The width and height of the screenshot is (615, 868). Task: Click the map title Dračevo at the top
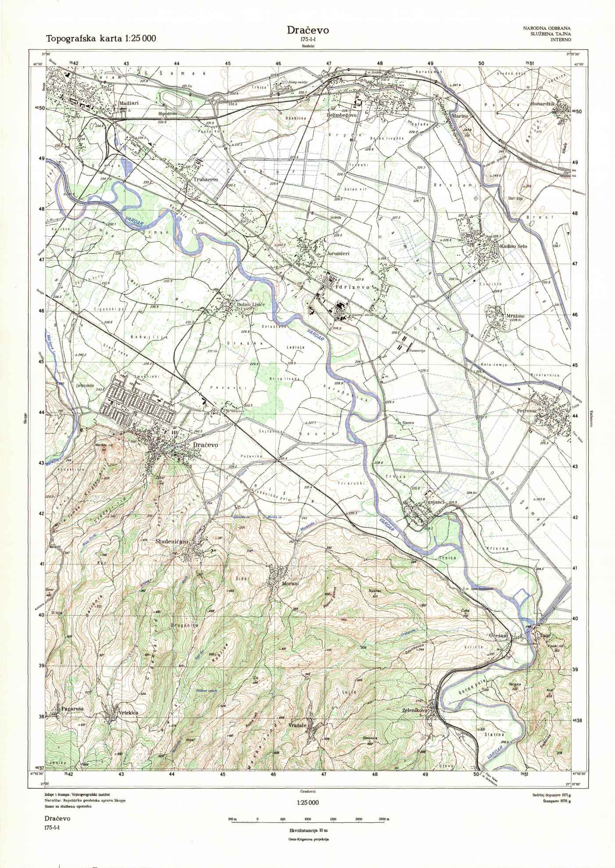[x=307, y=30]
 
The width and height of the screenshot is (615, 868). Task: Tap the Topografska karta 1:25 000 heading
[x=101, y=39]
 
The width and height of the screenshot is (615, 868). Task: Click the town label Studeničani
[x=172, y=542]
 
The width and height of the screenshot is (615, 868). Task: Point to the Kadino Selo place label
[x=514, y=246]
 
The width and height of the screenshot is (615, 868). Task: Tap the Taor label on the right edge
[x=544, y=635]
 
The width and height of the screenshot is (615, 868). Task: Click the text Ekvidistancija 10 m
[x=308, y=831]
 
